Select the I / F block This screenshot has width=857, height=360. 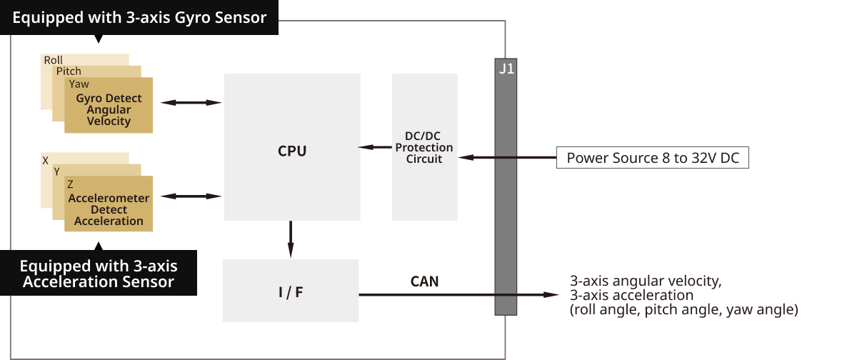(290, 292)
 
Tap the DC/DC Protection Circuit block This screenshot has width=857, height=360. (424, 147)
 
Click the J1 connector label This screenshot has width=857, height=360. (505, 70)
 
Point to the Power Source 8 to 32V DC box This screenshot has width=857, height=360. (652, 158)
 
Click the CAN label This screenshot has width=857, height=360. (424, 281)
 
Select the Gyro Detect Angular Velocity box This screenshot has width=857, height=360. (109, 110)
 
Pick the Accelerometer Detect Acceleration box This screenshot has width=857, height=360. (109, 209)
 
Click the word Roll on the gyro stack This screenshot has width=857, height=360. (54, 60)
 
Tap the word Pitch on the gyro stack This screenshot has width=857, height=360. (69, 71)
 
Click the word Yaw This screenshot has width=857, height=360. (79, 84)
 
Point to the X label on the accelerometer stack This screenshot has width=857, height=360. (46, 161)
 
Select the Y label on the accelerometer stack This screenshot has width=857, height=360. (57, 172)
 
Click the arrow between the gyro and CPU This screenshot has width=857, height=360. (191, 103)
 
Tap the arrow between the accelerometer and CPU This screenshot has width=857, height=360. (191, 196)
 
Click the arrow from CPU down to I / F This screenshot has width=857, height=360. (291, 240)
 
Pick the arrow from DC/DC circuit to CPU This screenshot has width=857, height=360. (374, 148)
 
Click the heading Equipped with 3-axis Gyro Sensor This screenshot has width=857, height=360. (139, 17)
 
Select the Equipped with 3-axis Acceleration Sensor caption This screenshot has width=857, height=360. (99, 274)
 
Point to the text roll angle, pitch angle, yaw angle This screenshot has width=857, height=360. (683, 310)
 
